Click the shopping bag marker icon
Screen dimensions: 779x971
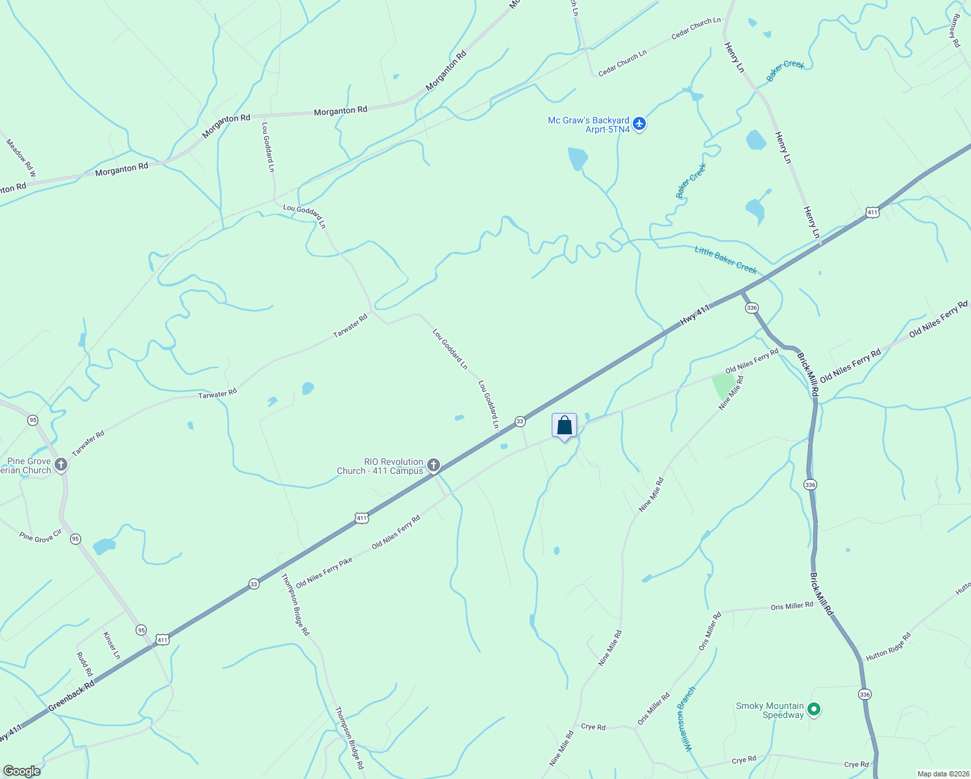tap(564, 426)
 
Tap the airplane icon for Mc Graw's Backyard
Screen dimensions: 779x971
tap(639, 123)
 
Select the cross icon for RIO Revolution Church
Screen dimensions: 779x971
tap(434, 465)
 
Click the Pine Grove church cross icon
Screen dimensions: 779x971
tap(61, 465)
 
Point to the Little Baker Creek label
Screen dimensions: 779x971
tap(726, 259)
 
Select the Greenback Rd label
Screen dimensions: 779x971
tap(71, 695)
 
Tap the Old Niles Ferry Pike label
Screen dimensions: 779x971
tap(324, 572)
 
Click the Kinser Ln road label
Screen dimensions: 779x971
tap(112, 645)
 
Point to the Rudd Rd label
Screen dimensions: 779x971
tap(84, 664)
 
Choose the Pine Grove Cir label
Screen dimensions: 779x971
tap(40, 537)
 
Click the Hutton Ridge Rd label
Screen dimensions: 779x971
tap(888, 647)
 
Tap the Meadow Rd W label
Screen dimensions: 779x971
tap(21, 158)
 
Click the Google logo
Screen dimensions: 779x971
tap(21, 771)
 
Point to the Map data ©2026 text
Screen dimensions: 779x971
tap(942, 774)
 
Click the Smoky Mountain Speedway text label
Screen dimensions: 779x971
tap(770, 710)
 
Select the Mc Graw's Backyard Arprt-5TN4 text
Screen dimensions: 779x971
tap(589, 125)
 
